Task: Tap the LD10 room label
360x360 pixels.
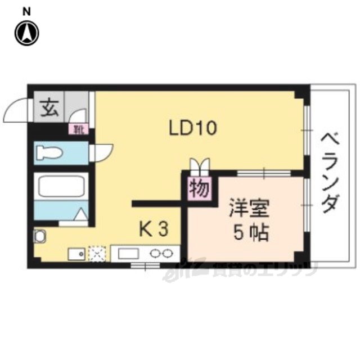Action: pos(193,128)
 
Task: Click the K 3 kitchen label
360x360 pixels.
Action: pos(153,229)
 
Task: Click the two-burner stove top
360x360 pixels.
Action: pos(161,254)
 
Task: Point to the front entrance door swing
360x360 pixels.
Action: pos(16,110)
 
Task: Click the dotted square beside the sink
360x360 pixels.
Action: pos(98,254)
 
